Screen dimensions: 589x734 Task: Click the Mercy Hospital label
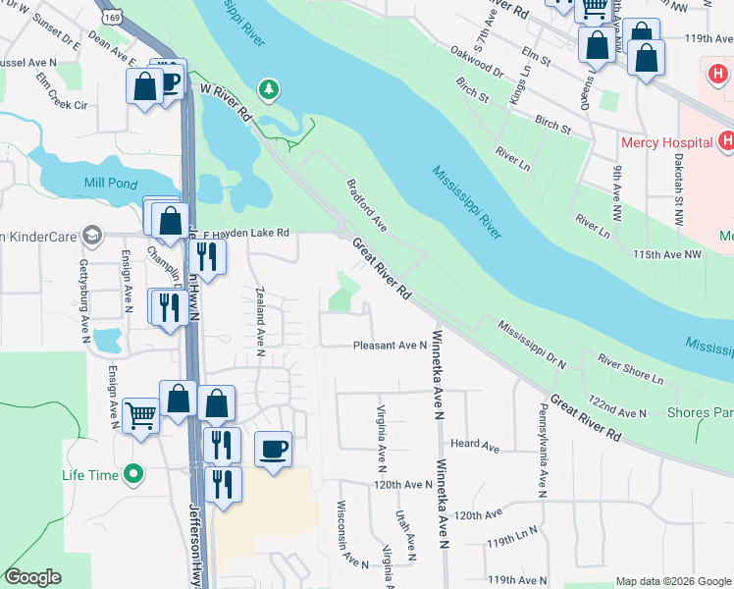(x=666, y=142)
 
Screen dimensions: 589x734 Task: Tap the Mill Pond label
(x=107, y=183)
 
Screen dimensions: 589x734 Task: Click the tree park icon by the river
(x=268, y=90)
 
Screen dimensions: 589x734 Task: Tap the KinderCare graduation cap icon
(x=92, y=236)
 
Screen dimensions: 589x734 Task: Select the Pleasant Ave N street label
(x=390, y=346)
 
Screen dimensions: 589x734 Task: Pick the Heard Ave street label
(x=476, y=445)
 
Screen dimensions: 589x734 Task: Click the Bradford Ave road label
(x=366, y=205)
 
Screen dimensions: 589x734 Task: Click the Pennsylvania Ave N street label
(x=541, y=448)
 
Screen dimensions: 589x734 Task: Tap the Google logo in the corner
(x=33, y=576)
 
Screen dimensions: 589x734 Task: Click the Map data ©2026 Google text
(x=671, y=581)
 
